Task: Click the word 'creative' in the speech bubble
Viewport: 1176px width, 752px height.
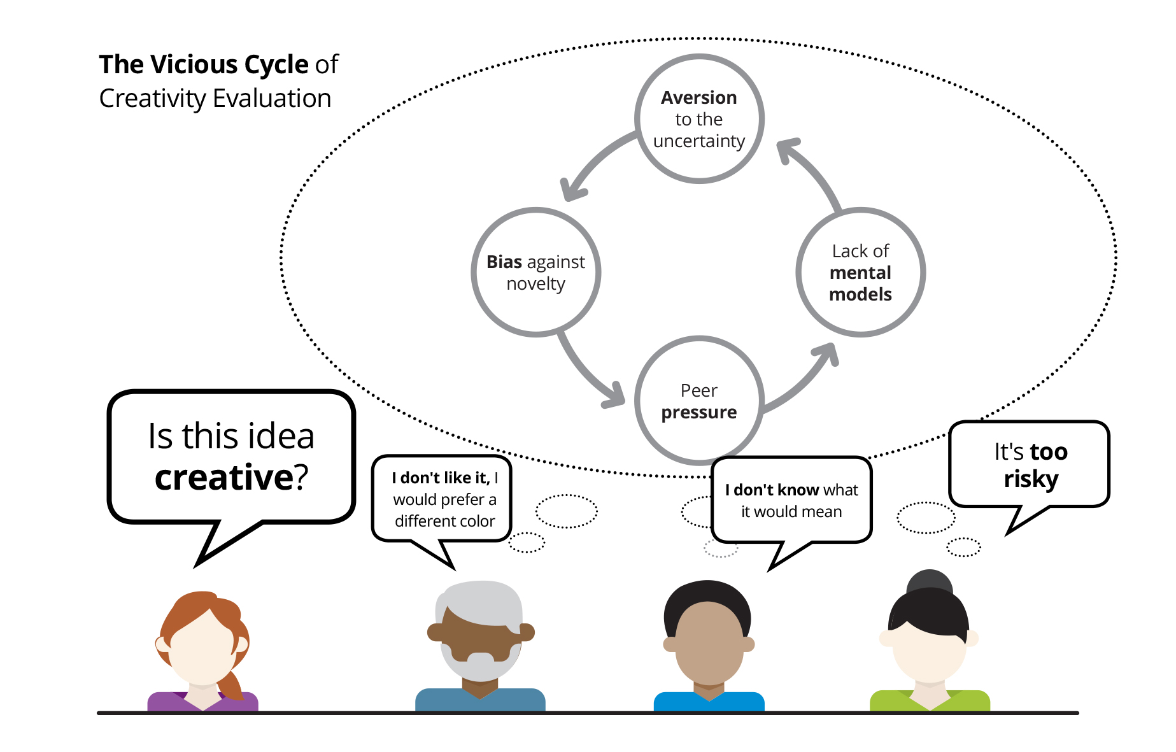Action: click(223, 477)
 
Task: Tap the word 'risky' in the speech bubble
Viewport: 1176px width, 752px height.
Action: click(1031, 479)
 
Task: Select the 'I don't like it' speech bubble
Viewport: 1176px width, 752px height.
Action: click(442, 499)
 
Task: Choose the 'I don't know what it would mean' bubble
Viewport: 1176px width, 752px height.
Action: click(791, 500)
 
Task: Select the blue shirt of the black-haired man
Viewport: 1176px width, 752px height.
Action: click(709, 702)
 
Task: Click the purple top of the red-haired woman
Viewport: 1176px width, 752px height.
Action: click(202, 702)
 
